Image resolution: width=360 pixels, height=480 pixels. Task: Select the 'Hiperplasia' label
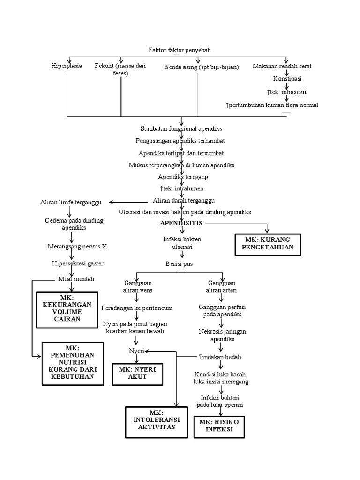pyautogui.click(x=67, y=66)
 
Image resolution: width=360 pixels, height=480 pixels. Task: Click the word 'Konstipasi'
pyautogui.click(x=287, y=79)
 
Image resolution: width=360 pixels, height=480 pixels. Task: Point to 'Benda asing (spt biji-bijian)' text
pyautogui.click(x=201, y=67)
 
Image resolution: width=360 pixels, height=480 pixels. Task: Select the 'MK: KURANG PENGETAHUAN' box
pyautogui.click(x=268, y=244)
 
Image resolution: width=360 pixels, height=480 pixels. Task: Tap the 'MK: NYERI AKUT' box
pyautogui.click(x=136, y=373)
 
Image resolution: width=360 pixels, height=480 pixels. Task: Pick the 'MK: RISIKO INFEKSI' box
pyautogui.click(x=219, y=426)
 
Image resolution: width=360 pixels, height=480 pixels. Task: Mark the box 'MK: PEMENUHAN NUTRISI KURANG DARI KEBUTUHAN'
pyautogui.click(x=73, y=364)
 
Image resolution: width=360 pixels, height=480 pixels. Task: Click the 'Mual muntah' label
pyautogui.click(x=76, y=279)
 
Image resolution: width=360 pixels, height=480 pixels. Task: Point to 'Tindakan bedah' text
pyautogui.click(x=220, y=357)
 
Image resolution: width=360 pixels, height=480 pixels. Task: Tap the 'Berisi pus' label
pyautogui.click(x=179, y=264)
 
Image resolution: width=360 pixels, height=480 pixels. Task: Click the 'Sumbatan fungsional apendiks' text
pyautogui.click(x=181, y=128)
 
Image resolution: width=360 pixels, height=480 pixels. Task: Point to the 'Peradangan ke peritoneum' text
pyautogui.click(x=137, y=308)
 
